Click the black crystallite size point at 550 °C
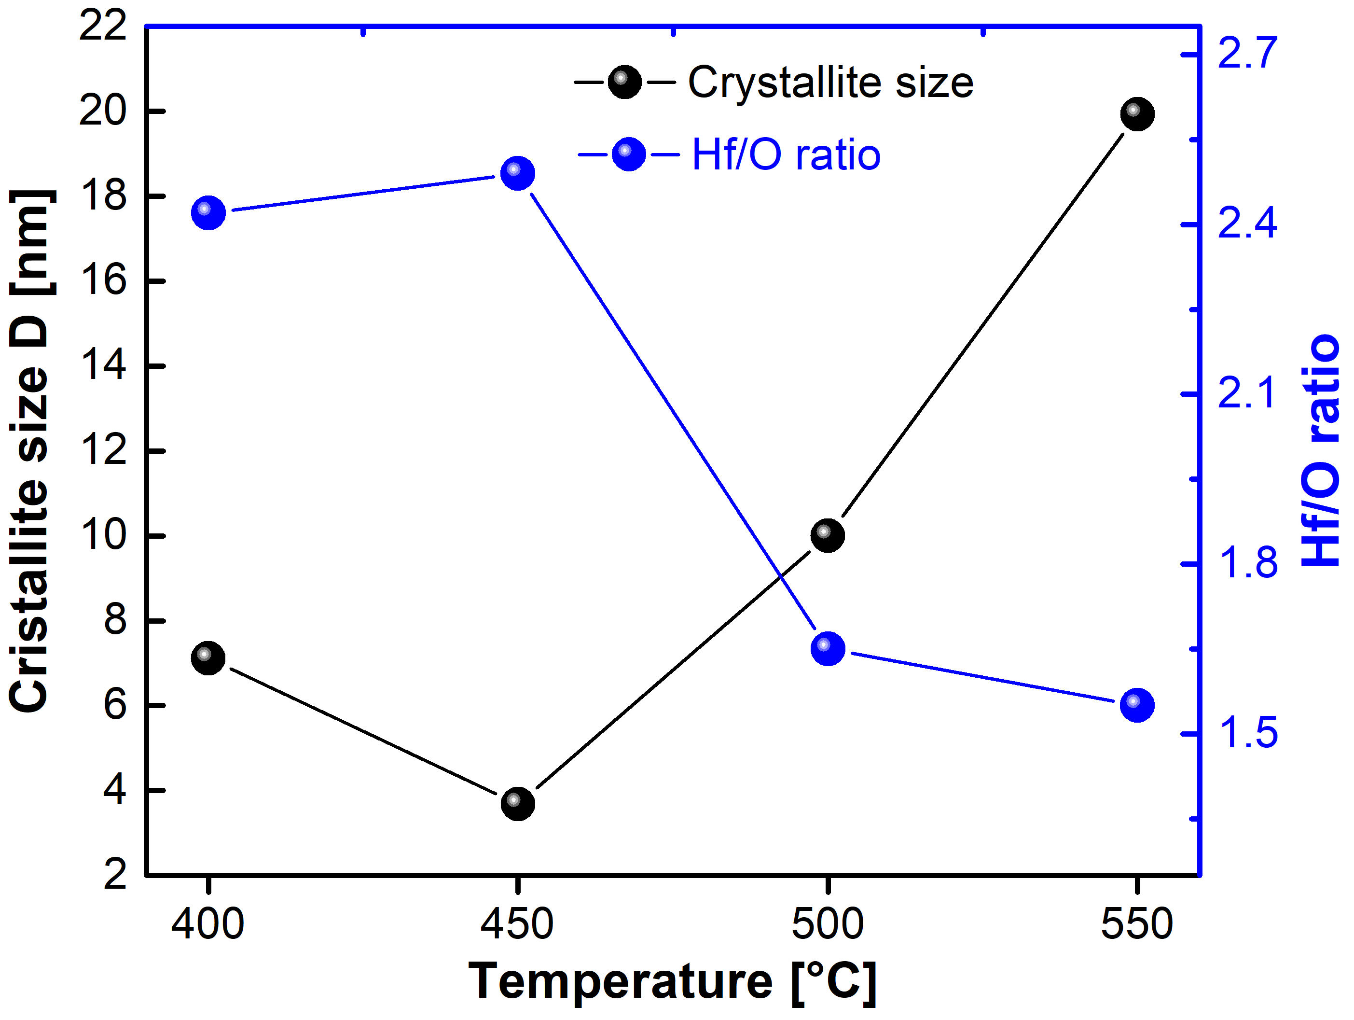click(x=1137, y=114)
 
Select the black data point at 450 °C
click(x=518, y=803)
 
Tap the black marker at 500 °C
click(x=828, y=534)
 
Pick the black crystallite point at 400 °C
click(x=208, y=658)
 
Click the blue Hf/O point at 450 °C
click(x=518, y=173)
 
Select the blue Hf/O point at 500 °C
click(x=828, y=648)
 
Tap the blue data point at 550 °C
click(x=1137, y=705)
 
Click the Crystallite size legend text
click(x=830, y=82)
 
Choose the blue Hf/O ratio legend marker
click(x=629, y=154)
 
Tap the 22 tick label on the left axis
click(x=102, y=27)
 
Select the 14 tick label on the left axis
click(x=102, y=366)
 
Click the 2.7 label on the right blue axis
click(x=1247, y=54)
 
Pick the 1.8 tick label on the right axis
click(x=1247, y=563)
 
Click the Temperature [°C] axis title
click(x=673, y=981)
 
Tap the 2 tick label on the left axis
click(x=115, y=874)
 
